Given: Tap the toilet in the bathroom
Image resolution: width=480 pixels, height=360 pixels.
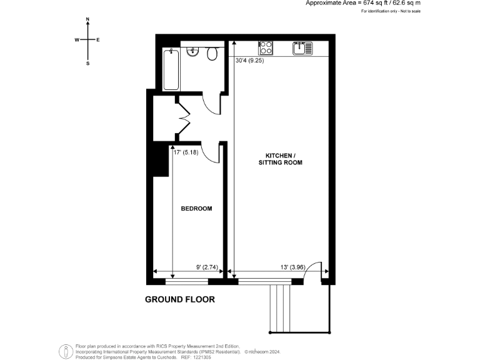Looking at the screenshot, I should click(x=212, y=54).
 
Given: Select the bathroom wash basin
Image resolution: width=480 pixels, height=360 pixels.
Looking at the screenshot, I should click(x=193, y=52).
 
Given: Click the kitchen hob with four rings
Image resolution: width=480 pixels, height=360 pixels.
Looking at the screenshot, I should click(x=266, y=47).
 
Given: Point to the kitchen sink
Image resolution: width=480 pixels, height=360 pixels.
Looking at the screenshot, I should click(x=302, y=48).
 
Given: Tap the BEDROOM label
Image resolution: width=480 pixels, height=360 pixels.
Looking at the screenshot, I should click(x=196, y=209).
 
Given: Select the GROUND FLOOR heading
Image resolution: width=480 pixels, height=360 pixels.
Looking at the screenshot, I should click(x=180, y=299).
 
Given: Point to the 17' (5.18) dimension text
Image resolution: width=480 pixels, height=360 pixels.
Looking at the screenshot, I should click(x=186, y=151).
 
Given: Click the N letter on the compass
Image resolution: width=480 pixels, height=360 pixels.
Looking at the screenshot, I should click(x=87, y=20).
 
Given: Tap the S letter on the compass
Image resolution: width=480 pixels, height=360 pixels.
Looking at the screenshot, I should click(x=87, y=63).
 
